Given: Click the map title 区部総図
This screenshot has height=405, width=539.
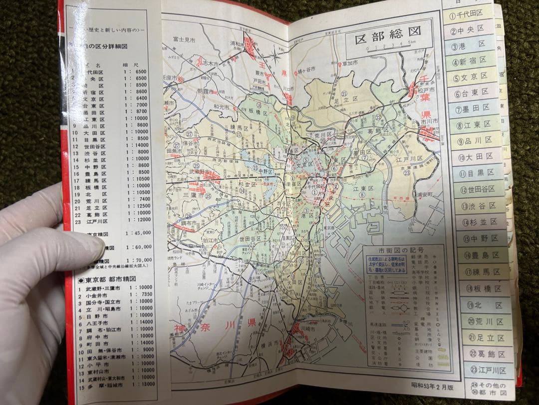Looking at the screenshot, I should [x=388, y=39].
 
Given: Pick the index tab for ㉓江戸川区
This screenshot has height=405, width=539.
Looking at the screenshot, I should [x=488, y=370].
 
